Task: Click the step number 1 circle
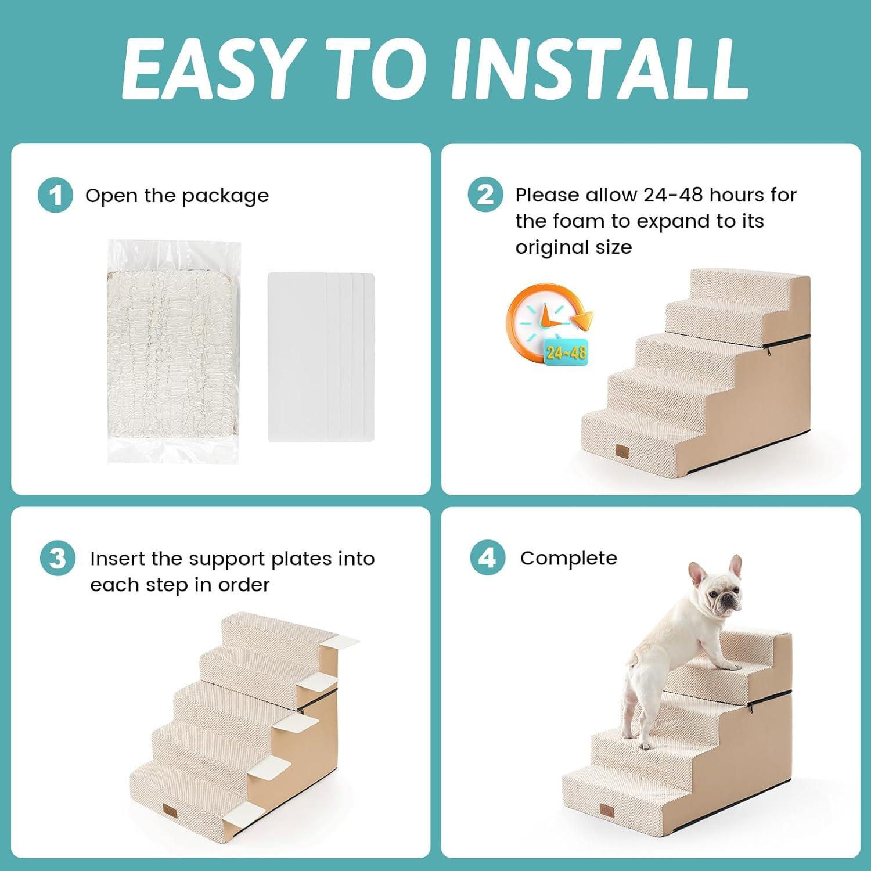(55, 196)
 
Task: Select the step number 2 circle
(485, 195)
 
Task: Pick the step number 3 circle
(57, 559)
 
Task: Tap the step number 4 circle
(487, 558)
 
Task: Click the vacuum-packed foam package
(174, 351)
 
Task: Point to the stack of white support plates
(321, 357)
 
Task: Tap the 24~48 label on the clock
(566, 352)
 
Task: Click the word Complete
(568, 558)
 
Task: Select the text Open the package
(177, 196)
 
